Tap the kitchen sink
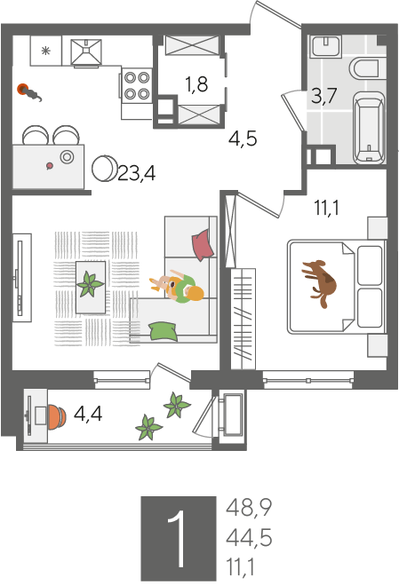(x=86, y=51)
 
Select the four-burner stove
(x=137, y=85)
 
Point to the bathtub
(x=369, y=128)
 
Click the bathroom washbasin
(x=326, y=46)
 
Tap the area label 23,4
(x=136, y=173)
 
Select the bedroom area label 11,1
(x=326, y=208)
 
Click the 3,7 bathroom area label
(x=324, y=96)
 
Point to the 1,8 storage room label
(x=196, y=84)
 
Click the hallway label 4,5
(x=243, y=138)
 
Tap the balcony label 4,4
(x=88, y=414)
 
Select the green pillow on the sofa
(x=164, y=331)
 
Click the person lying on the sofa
(x=177, y=286)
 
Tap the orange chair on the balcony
(x=56, y=415)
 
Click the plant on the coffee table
(x=90, y=284)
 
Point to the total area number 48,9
(x=249, y=508)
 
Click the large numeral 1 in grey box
(x=178, y=538)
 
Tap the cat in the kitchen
(x=30, y=92)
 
